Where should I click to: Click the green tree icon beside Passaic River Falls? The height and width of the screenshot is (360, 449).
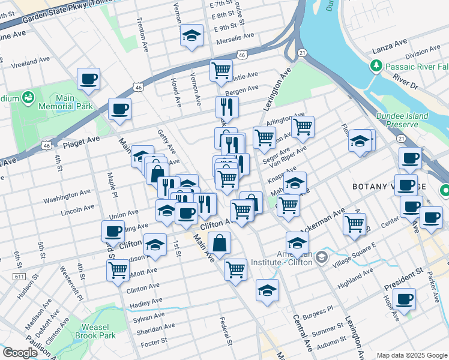[x=376, y=65]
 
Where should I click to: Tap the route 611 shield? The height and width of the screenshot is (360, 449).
[x=20, y=275]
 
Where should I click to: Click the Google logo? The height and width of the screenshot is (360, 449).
[x=19, y=353]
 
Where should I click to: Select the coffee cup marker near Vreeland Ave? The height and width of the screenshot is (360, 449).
[x=88, y=79]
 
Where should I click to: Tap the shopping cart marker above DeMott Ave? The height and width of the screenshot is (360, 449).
[x=117, y=269]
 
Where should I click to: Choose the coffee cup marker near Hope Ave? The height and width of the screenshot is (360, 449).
[x=405, y=298]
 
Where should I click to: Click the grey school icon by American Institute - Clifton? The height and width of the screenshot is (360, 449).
[x=322, y=257]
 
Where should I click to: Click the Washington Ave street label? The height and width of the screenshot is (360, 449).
[x=67, y=196]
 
